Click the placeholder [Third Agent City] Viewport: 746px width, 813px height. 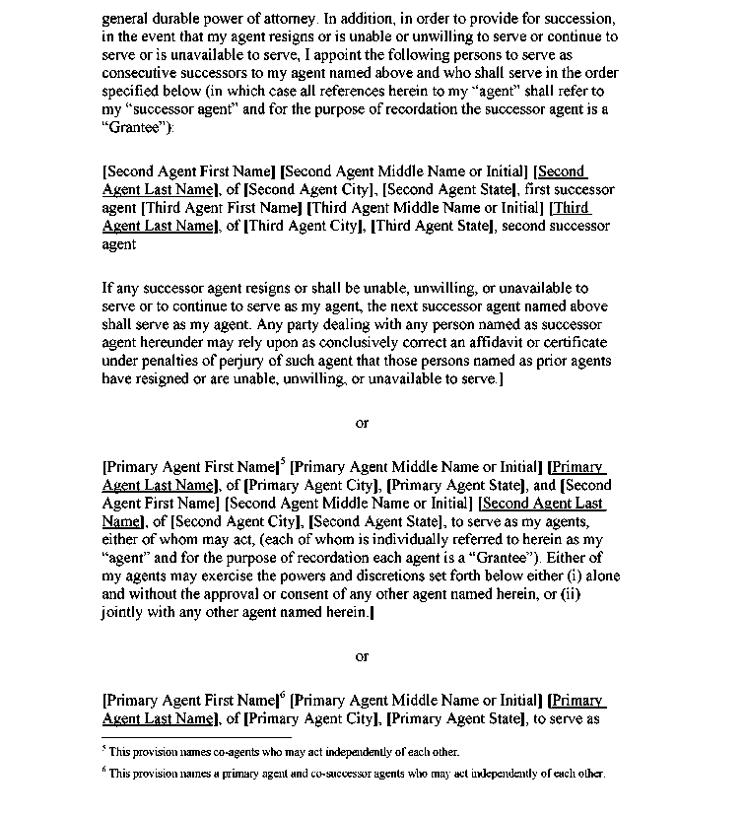pos(304,226)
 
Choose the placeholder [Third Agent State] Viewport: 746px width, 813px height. pos(434,226)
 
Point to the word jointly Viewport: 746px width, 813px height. pos(123,612)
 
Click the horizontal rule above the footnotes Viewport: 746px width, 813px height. pos(197,736)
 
